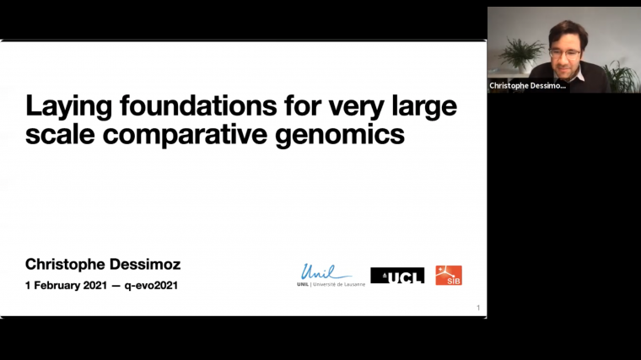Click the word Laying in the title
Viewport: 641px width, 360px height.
point(66,108)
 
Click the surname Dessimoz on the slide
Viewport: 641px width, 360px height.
point(143,265)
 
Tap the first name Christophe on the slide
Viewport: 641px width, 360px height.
point(63,265)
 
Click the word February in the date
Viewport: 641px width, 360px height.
point(53,285)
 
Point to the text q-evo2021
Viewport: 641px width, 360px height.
point(152,285)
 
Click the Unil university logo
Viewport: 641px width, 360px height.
point(326,275)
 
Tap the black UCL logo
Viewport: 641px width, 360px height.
point(397,276)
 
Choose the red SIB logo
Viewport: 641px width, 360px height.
point(449,275)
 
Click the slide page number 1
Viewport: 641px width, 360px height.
point(478,308)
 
